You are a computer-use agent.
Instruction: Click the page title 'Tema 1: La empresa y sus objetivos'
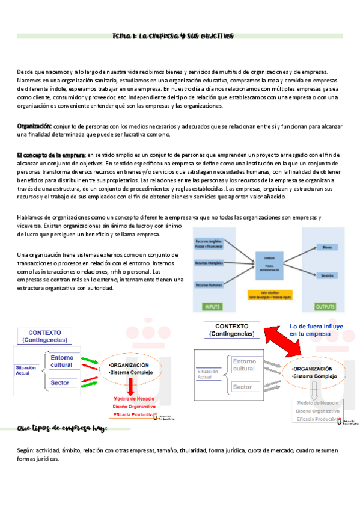pyautogui.click(x=173, y=36)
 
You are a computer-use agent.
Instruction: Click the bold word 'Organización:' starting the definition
pyautogui.click(x=34, y=126)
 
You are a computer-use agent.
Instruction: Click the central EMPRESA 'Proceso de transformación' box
pyautogui.click(x=264, y=260)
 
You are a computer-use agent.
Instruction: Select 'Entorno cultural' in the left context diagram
pyautogui.click(x=61, y=361)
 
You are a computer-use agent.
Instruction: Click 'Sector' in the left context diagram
pyautogui.click(x=59, y=382)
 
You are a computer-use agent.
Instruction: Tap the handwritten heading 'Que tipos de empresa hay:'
pyautogui.click(x=63, y=428)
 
